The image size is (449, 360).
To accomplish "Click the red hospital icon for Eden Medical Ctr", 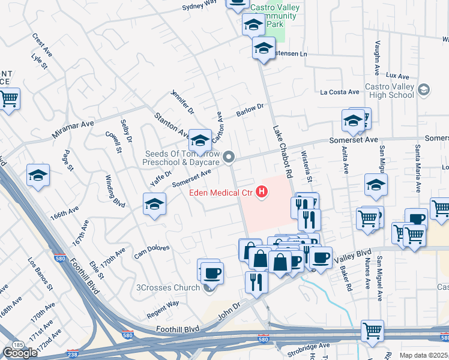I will tap(262, 192).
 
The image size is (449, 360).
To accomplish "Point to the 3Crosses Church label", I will tap(170, 287).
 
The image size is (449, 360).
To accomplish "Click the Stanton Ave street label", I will tap(172, 124).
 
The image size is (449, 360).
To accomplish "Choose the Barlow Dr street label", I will tap(250, 110).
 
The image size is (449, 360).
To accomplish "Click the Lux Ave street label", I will tap(397, 76).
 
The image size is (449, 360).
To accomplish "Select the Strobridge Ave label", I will tap(308, 346).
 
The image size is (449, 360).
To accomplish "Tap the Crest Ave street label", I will tap(43, 45).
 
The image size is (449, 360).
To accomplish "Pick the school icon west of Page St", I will tap(38, 175).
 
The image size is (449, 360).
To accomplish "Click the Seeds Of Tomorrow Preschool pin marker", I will tap(229, 157).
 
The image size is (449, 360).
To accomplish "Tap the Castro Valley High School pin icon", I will tap(424, 90).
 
